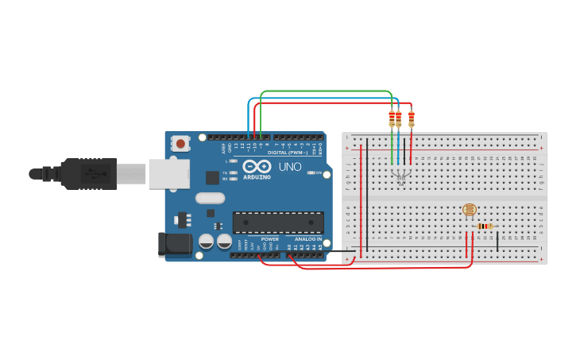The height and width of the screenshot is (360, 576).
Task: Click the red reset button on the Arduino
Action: pyautogui.click(x=181, y=144)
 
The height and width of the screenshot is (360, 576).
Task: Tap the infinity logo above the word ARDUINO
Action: pyautogui.click(x=252, y=167)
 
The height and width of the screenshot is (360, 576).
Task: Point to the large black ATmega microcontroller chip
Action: pyautogui.click(x=278, y=223)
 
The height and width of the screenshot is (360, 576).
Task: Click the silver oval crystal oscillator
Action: pyautogui.click(x=210, y=199)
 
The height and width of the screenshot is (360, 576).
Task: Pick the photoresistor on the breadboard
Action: pyautogui.click(x=470, y=210)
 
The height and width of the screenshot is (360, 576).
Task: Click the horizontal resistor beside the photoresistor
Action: pyautogui.click(x=485, y=226)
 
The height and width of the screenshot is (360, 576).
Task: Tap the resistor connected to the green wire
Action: pyautogui.click(x=392, y=119)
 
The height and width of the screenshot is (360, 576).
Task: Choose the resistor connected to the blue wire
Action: pyautogui.click(x=398, y=119)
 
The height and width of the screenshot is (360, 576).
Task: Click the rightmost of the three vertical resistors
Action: pyautogui.click(x=411, y=119)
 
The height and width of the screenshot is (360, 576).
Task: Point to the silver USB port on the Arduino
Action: pyautogui.click(x=168, y=173)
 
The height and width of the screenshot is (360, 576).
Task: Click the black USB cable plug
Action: pyautogui.click(x=87, y=173)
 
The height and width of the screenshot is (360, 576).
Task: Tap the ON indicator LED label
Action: pyautogui.click(x=319, y=172)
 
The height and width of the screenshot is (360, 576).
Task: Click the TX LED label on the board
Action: pyautogui.click(x=225, y=172)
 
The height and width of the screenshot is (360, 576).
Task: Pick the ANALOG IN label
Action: pyautogui.click(x=308, y=238)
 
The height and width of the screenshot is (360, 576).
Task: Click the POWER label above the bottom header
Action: pyautogui.click(x=270, y=238)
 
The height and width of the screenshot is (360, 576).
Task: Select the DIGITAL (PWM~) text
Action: pyautogui.click(x=288, y=152)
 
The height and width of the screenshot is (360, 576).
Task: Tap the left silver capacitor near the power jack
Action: pyautogui.click(x=206, y=241)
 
